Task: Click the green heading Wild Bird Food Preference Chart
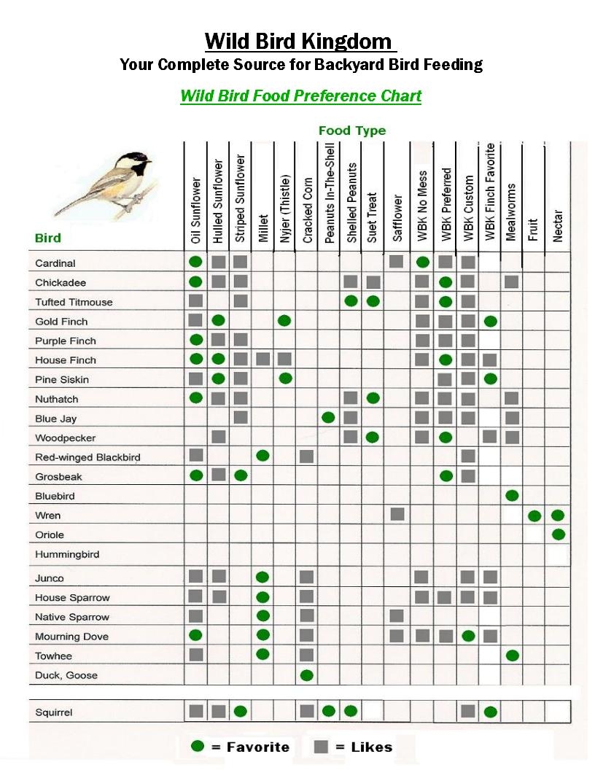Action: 300,96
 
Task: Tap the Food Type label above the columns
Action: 352,131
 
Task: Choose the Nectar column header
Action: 558,226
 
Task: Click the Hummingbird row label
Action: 67,554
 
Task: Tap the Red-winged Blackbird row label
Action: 87,457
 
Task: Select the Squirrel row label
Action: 54,712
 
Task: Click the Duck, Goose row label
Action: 66,675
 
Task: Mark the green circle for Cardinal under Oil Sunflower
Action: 195,262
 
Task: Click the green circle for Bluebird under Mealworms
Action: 512,496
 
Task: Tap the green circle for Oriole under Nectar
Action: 559,534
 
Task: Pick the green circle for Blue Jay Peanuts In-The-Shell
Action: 329,418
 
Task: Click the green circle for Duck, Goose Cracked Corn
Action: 307,675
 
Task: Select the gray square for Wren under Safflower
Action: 397,515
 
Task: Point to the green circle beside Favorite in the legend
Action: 197,746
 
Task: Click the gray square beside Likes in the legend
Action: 320,747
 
